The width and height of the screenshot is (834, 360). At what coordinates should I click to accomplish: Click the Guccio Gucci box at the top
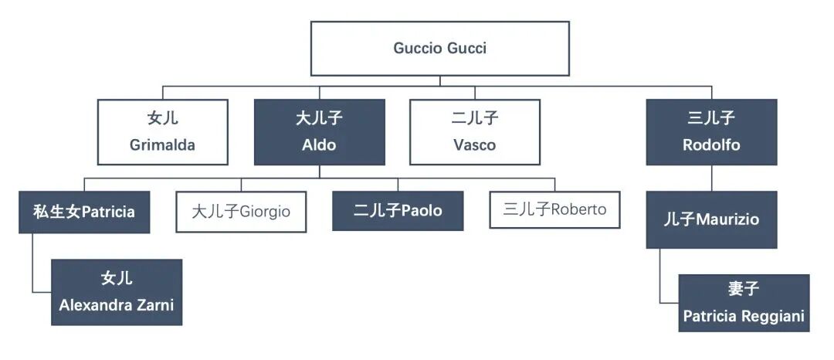click(x=439, y=48)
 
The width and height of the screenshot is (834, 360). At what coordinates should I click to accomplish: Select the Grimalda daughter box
click(x=162, y=131)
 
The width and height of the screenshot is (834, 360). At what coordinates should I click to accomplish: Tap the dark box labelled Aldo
click(x=319, y=131)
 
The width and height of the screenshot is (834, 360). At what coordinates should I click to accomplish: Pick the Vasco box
click(x=474, y=131)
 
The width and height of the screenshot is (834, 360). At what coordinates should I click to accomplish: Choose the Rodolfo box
click(x=711, y=131)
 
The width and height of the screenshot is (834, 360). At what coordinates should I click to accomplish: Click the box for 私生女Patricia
click(x=84, y=212)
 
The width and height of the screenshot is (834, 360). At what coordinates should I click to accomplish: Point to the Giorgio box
click(x=241, y=210)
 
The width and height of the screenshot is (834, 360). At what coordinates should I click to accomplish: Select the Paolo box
click(x=398, y=210)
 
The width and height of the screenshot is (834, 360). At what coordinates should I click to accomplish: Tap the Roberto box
click(x=554, y=209)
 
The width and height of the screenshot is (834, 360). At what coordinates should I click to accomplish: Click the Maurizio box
click(x=711, y=219)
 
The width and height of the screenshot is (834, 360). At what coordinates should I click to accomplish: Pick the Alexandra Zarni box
click(x=117, y=292)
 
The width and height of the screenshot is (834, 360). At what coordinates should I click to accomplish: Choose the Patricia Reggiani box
click(x=744, y=303)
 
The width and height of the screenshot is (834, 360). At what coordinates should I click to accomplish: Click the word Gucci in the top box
click(x=466, y=48)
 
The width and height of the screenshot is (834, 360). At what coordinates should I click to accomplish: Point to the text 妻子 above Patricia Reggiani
click(x=744, y=290)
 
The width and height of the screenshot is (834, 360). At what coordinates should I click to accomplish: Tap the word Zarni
click(x=155, y=305)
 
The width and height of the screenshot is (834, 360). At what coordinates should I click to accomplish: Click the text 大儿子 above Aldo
click(x=319, y=118)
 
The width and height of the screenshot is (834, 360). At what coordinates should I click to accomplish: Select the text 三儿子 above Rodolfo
click(x=711, y=118)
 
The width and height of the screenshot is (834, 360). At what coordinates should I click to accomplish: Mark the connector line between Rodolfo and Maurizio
click(x=711, y=178)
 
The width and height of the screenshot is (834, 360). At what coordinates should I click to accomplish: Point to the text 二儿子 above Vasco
click(x=474, y=118)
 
